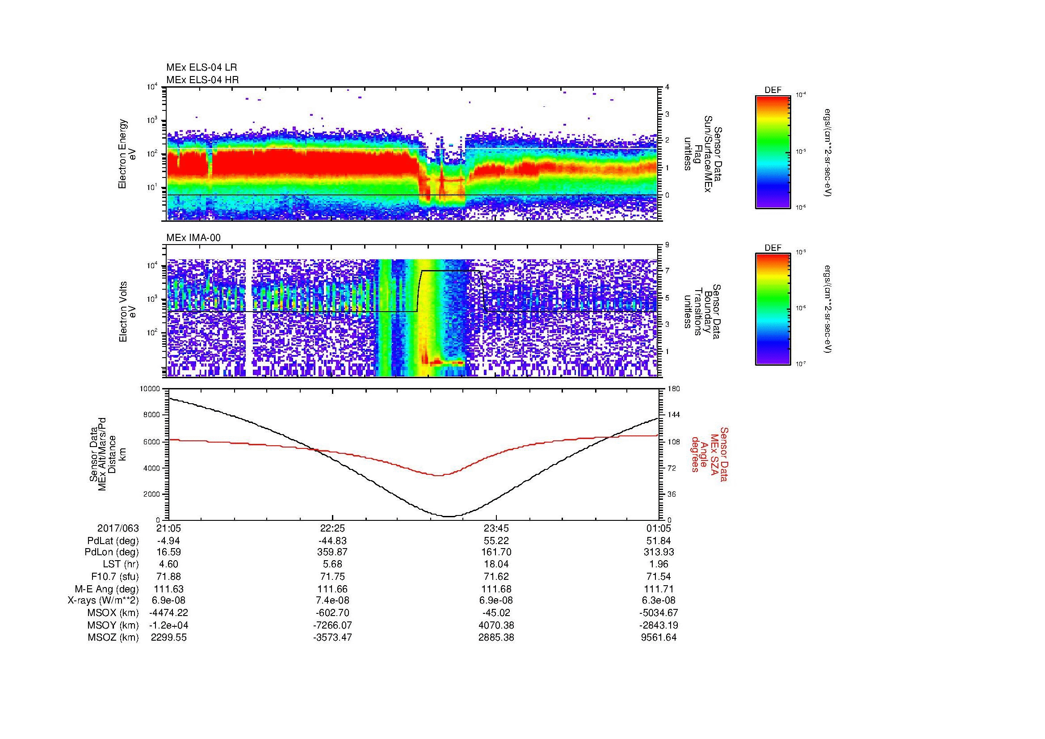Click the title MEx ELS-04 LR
click(x=201, y=68)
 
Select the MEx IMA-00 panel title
click(x=193, y=238)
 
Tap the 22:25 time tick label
click(x=332, y=528)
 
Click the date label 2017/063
click(x=118, y=528)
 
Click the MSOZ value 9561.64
click(x=659, y=638)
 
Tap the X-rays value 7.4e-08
click(x=332, y=600)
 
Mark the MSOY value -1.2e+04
click(x=168, y=625)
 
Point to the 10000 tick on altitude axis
click(x=150, y=389)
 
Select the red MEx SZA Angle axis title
click(x=709, y=453)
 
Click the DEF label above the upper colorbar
click(x=773, y=90)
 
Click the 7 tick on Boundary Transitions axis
click(x=667, y=271)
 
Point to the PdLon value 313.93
click(x=659, y=552)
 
